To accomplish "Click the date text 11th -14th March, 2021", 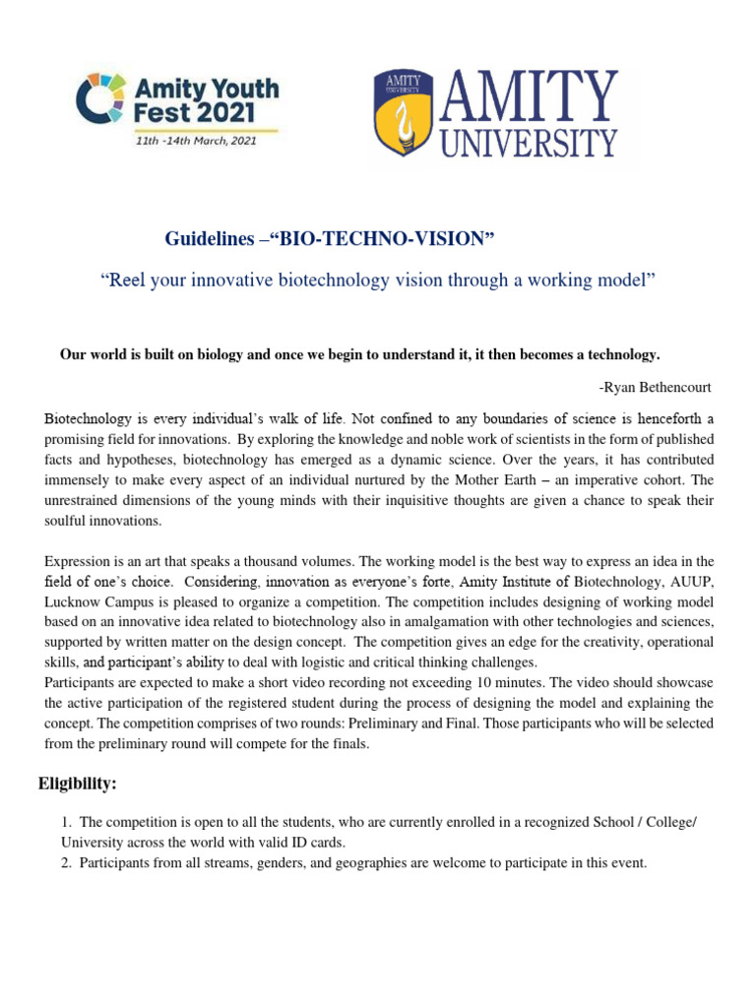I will (196, 141).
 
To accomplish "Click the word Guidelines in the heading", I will (201, 240).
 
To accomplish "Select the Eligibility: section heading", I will (78, 784).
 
